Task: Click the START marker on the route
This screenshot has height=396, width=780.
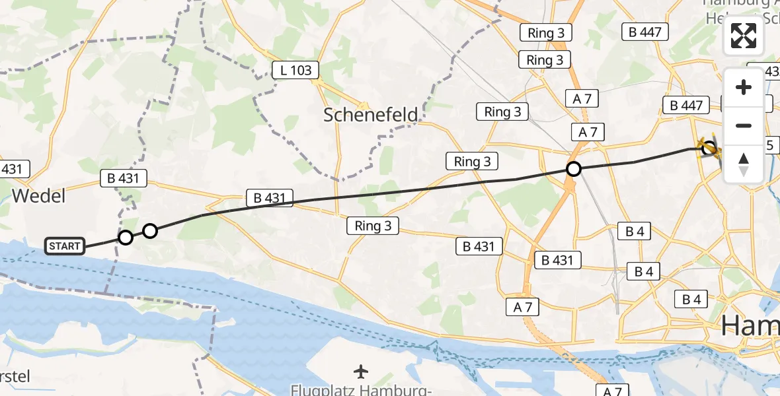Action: coord(65,247)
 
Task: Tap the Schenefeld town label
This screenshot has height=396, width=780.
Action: coord(370,115)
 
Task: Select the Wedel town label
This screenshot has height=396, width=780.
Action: coord(38,196)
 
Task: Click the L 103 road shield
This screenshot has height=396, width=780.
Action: coord(296,70)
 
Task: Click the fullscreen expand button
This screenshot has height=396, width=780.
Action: coord(744,36)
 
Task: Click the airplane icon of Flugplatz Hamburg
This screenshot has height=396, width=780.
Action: coord(360,372)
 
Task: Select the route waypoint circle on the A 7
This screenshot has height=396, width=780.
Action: coord(574,169)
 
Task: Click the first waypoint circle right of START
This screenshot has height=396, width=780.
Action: coord(125,237)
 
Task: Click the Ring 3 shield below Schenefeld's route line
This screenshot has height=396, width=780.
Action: coord(373,226)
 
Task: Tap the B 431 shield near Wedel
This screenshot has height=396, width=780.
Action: coord(123,178)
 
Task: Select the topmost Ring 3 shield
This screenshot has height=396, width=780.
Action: coord(545,32)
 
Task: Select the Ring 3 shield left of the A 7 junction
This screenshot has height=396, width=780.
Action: coord(472,161)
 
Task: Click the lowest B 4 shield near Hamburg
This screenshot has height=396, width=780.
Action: coord(691,300)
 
